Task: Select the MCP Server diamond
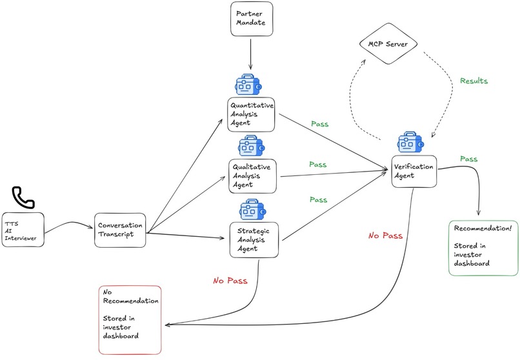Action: coord(390,45)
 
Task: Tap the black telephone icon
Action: coord(25,196)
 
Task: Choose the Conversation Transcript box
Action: coord(119,230)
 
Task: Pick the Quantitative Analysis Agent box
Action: coord(252,114)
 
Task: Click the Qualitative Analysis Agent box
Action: coord(252,175)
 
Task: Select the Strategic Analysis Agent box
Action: coord(253,239)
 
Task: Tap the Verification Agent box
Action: coord(414,171)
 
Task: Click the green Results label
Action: coord(474,81)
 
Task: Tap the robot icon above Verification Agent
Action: coord(410,143)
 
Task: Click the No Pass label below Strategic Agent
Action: coord(228,281)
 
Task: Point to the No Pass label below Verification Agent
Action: coord(386,235)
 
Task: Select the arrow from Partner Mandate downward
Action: coord(250,55)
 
